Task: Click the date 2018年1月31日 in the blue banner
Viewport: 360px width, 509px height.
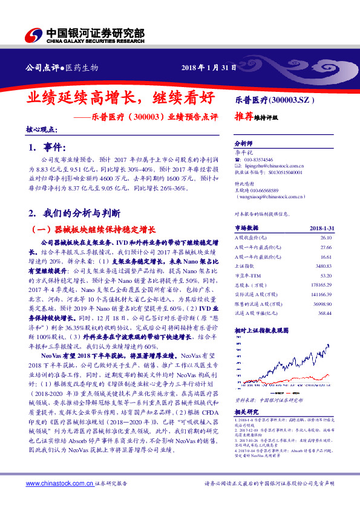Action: point(209,67)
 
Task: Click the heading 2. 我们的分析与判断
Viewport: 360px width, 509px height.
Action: point(74,213)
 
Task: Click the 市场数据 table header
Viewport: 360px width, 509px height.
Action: point(246,228)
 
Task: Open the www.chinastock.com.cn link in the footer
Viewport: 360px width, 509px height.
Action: point(59,483)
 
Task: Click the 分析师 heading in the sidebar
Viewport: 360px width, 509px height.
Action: point(242,144)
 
